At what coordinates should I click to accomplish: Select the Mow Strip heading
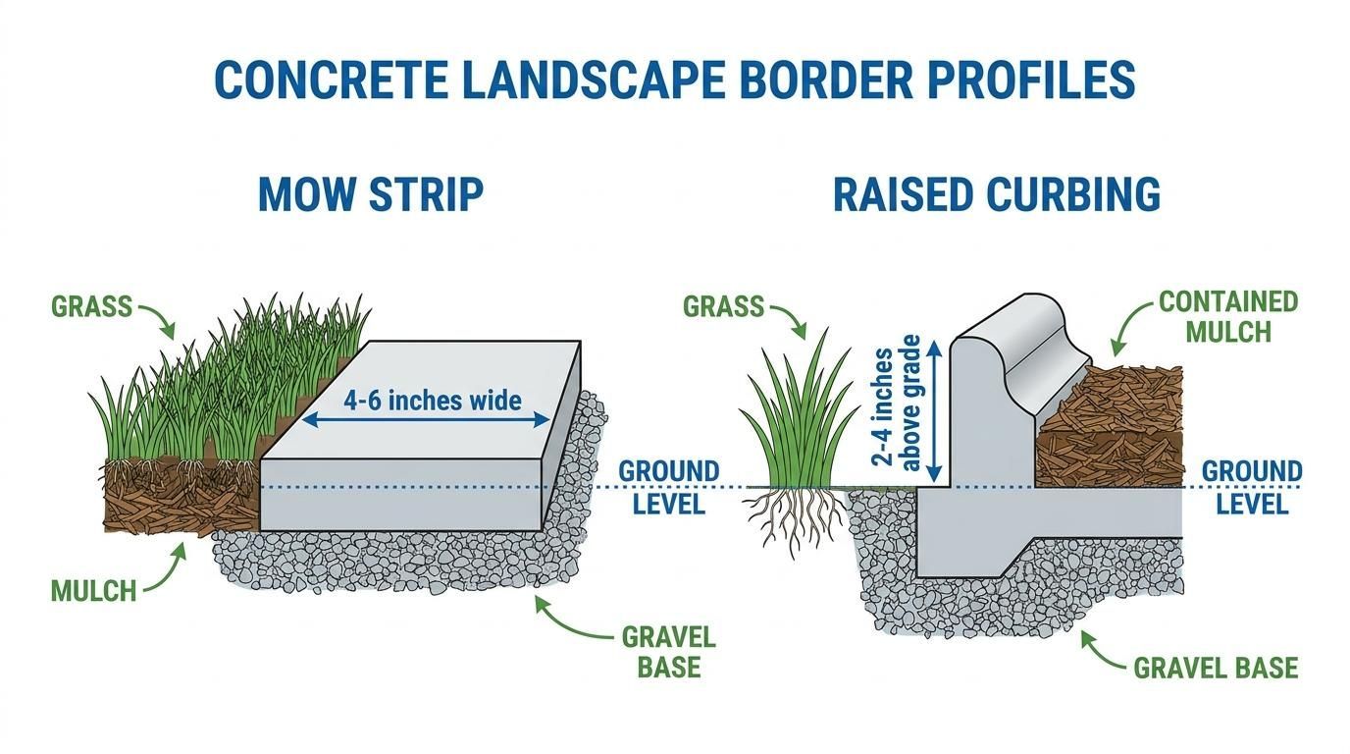pos(371,193)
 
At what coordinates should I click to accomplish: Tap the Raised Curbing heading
pos(997,193)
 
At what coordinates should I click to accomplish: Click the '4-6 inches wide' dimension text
pos(433,401)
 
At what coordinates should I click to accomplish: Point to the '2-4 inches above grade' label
pos(896,403)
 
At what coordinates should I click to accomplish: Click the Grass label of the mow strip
pos(91,306)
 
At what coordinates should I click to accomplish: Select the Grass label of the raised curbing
pos(723,306)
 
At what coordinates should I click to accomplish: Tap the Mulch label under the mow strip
pos(93,590)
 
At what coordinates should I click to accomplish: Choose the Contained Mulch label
pos(1228,317)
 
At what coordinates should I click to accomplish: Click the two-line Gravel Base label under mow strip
pos(669,652)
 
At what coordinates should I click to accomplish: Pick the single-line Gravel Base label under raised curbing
pos(1216,668)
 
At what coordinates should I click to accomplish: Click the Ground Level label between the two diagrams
pos(669,487)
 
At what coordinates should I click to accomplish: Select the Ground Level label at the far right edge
pos(1252,487)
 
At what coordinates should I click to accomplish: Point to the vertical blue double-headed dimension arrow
pos(934,410)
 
